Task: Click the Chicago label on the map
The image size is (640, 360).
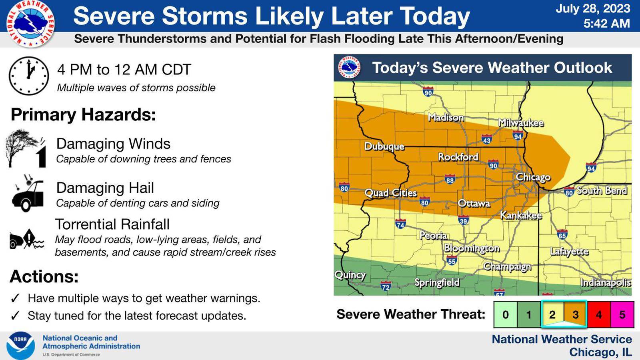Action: click(533, 177)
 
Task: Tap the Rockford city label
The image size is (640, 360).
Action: click(458, 157)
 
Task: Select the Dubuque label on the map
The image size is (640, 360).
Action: click(384, 146)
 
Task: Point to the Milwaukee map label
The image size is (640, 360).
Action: click(520, 123)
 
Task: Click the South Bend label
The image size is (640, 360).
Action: click(601, 190)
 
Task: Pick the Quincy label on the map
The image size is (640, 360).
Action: click(350, 275)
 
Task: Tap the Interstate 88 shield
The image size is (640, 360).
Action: click(450, 180)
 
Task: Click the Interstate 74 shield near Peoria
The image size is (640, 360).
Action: click(400, 224)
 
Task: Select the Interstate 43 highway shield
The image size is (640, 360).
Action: click(486, 140)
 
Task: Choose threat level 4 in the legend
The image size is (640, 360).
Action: click(599, 314)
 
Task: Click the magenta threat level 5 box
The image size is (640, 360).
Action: click(622, 314)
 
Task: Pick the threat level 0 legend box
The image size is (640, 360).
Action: click(505, 314)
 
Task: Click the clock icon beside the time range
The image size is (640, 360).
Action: click(29, 76)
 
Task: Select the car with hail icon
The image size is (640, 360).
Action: click(27, 194)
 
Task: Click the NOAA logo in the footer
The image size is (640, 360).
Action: click(20, 345)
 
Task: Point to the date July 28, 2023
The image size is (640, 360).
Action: click(592, 8)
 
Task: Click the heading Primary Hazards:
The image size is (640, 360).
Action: click(83, 115)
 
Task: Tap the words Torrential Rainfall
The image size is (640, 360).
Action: click(112, 224)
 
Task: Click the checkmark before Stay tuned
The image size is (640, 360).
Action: click(15, 316)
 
